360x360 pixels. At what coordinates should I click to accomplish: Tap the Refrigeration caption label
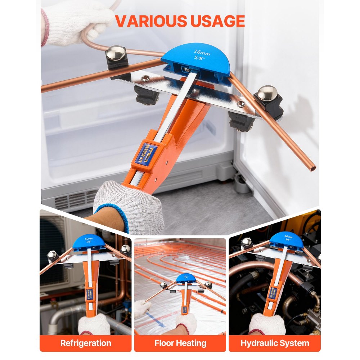(x=86, y=343)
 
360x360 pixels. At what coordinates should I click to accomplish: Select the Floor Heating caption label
(x=180, y=343)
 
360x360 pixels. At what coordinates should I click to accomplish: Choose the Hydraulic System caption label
(x=275, y=343)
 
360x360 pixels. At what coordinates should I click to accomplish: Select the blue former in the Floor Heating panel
(x=186, y=279)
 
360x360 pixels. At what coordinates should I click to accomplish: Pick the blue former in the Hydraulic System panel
(x=286, y=239)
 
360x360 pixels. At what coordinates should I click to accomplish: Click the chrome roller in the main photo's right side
(x=268, y=94)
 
